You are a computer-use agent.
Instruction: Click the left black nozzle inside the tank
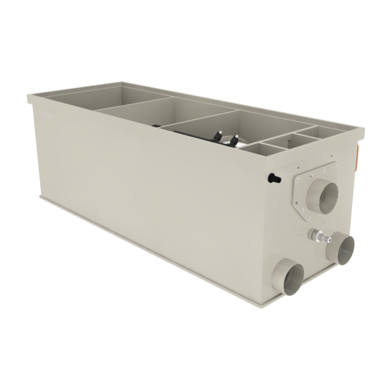[217, 137]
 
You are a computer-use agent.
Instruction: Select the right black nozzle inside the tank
[235, 139]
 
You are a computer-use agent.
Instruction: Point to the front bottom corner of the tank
[281, 297]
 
